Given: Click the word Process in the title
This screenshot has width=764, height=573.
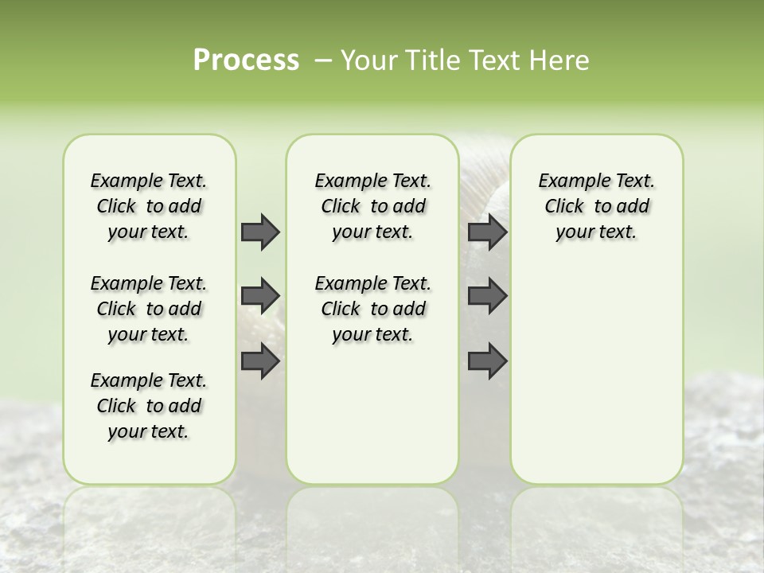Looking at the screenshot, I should click(x=246, y=60).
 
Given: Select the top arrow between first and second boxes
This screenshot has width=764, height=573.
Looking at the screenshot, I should click(x=260, y=232).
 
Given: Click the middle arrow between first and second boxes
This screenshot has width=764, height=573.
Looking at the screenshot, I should click(x=260, y=296).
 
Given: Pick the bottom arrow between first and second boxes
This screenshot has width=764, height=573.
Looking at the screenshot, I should click(x=260, y=361).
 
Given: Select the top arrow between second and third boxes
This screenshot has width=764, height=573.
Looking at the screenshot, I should click(x=487, y=232).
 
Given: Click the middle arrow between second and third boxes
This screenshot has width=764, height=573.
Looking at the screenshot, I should click(x=487, y=296).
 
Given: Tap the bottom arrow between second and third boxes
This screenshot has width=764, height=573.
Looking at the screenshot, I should click(x=487, y=361).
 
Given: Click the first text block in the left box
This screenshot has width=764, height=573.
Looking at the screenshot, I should click(x=149, y=206).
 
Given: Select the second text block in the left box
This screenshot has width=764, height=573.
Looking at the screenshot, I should click(x=149, y=309).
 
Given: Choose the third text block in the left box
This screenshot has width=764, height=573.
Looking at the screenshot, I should click(x=149, y=406).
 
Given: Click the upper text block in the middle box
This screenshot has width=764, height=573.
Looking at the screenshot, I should click(x=372, y=206).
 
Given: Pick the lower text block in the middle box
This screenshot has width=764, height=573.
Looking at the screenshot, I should click(x=372, y=309).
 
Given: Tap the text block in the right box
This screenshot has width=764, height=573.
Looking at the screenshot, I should click(x=596, y=206).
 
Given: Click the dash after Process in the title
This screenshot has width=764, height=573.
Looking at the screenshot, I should click(x=323, y=60).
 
